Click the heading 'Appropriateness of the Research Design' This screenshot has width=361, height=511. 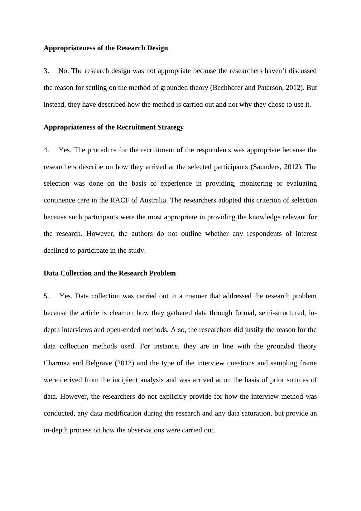[106, 48]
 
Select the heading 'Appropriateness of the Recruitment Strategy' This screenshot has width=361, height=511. [113, 127]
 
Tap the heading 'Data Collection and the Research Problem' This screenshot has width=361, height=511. [109, 273]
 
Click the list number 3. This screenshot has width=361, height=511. [46, 71]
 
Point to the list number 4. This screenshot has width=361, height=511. [46, 150]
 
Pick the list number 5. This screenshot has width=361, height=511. [46, 296]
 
